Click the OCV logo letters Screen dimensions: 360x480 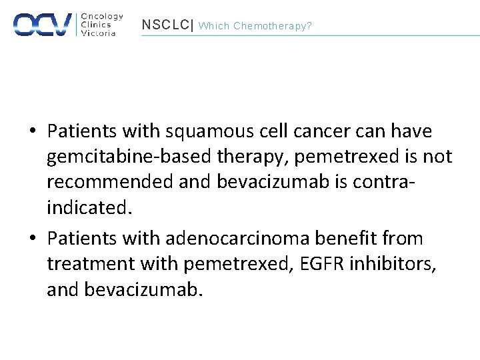pyautogui.click(x=42, y=24)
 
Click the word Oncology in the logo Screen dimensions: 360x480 pyautogui.click(x=102, y=16)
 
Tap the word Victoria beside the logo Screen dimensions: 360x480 pyautogui.click(x=98, y=33)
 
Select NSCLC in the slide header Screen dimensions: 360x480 pyautogui.click(x=165, y=25)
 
